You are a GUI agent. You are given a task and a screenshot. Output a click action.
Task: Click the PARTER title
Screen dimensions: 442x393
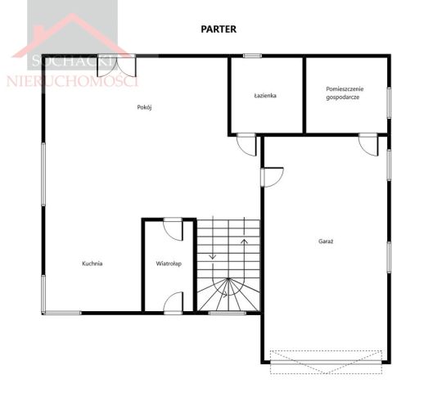[x=219, y=29]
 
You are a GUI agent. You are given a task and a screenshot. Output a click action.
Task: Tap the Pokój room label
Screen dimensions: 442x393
[x=144, y=107]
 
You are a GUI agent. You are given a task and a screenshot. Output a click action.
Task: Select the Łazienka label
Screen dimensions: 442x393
[x=265, y=96]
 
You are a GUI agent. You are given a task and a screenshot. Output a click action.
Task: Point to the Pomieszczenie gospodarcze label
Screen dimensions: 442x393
[x=345, y=93]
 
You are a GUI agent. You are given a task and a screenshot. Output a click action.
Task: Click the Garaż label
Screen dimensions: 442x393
[x=326, y=242]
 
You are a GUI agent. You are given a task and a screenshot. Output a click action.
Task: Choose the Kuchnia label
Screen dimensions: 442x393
[x=92, y=264]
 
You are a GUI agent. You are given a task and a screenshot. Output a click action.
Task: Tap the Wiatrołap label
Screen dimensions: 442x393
[x=169, y=264]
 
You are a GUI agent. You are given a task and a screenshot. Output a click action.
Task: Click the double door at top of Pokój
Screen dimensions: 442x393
[x=116, y=65]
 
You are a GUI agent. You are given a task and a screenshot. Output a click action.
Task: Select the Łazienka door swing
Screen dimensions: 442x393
[x=246, y=145]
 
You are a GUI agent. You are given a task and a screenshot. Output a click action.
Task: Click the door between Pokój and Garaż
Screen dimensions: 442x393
[x=273, y=178]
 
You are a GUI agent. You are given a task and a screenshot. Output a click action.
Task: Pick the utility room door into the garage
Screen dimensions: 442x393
[x=368, y=145]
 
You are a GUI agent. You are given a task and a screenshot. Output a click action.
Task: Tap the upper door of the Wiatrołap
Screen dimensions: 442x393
[x=174, y=229]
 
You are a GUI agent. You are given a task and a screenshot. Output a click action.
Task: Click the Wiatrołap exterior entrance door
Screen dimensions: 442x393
[x=174, y=303]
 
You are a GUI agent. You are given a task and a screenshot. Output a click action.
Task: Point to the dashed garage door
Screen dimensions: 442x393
[x=326, y=362]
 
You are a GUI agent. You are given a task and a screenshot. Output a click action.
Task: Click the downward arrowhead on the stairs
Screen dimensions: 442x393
[x=213, y=256]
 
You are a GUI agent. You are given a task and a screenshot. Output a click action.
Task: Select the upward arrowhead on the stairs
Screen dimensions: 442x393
[x=244, y=241]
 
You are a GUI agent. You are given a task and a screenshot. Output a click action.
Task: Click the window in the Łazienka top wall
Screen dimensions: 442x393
[x=252, y=56]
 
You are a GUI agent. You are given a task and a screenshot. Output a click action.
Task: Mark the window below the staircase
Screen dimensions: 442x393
[x=228, y=313]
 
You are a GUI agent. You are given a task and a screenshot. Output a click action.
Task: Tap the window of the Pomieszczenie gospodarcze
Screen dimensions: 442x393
[x=389, y=102]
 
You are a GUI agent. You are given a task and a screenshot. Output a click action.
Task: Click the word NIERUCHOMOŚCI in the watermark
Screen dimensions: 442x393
[x=73, y=82]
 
